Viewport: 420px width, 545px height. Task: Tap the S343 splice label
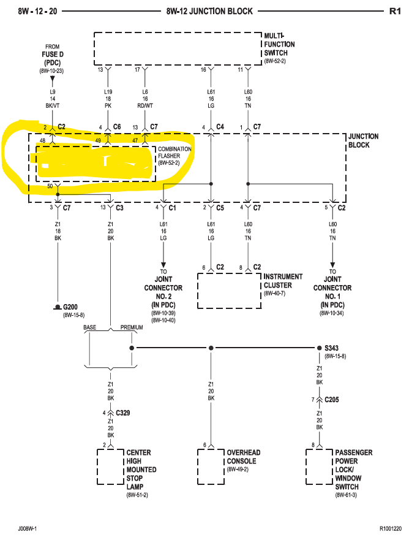pos(331,348)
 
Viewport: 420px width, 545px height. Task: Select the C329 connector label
pos(122,413)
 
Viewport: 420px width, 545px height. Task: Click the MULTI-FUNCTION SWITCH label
pos(279,44)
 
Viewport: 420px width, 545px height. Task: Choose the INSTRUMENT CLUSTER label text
pos(283,281)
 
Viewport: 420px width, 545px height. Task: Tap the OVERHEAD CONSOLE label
pos(243,457)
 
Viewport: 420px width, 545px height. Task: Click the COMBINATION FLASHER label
pos(174,152)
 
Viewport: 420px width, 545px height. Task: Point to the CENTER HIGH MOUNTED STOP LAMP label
pos(141,470)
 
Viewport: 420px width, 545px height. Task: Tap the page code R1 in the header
pos(395,12)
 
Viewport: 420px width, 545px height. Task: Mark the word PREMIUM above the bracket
pos(132,327)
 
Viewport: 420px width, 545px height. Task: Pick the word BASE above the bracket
pos(89,327)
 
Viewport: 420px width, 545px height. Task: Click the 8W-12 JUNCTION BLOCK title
pos(209,12)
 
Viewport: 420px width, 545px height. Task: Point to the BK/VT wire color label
pos(53,105)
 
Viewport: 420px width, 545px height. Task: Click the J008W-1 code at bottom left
pos(28,527)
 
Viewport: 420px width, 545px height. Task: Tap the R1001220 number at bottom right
pos(390,527)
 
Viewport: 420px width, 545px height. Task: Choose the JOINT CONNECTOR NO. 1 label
pos(332,288)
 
